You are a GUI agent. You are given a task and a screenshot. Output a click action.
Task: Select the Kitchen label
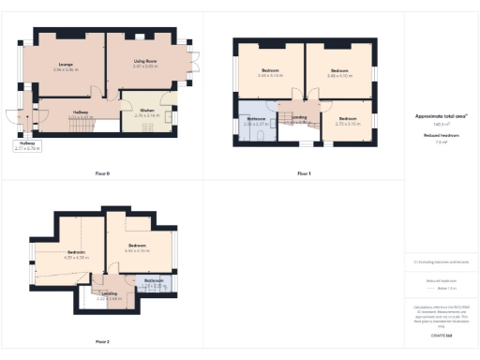pyautogui.click(x=147, y=110)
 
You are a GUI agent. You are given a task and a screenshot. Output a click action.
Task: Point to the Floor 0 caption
pyautogui.click(x=102, y=173)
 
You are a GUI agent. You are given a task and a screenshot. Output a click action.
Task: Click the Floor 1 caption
pyautogui.click(x=304, y=173)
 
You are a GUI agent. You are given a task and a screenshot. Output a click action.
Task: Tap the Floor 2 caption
pyautogui.click(x=102, y=341)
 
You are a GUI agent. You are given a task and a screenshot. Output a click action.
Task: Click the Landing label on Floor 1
pyautogui.click(x=299, y=117)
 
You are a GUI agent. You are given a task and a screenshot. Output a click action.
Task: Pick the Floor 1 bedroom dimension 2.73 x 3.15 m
pyautogui.click(x=348, y=124)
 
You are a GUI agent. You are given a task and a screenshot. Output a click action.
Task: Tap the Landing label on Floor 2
pyautogui.click(x=110, y=293)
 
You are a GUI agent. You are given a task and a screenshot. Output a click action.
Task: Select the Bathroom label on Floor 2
pyautogui.click(x=154, y=280)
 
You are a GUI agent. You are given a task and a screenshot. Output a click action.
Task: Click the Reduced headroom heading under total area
pyautogui.click(x=441, y=135)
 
